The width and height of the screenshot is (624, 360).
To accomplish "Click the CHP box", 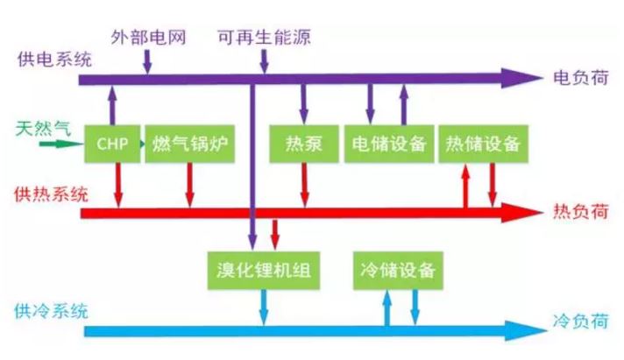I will [113, 144].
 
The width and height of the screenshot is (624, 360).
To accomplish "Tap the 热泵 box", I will [304, 144].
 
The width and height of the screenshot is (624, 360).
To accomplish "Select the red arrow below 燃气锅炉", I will [189, 184].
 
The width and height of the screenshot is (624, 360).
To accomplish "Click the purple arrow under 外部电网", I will [146, 60].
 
